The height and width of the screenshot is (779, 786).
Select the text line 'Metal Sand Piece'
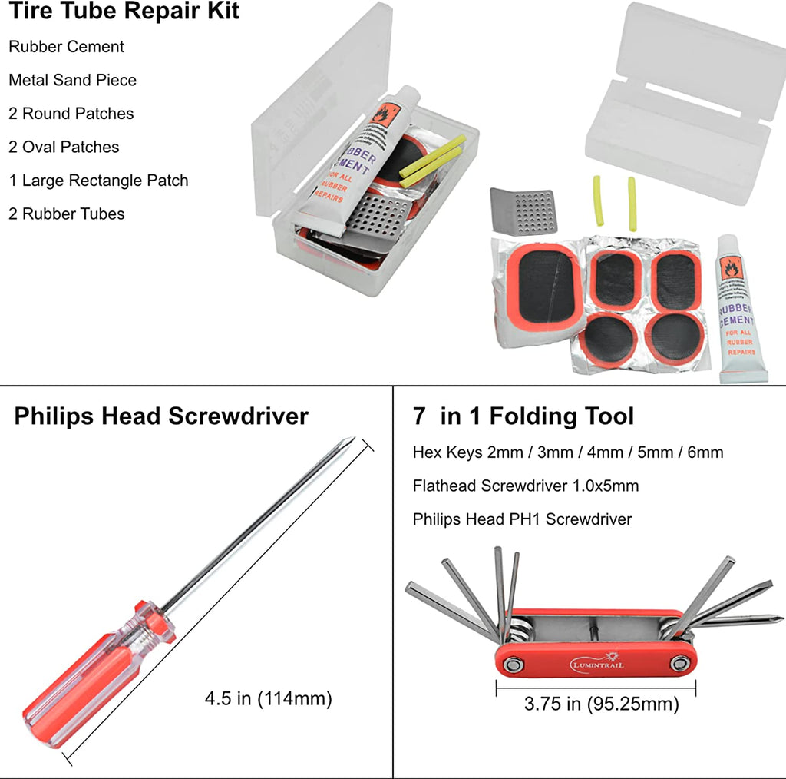pyautogui.click(x=72, y=80)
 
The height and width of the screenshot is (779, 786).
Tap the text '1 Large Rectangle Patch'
pyautogui.click(x=98, y=181)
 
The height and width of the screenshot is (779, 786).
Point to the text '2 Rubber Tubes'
pyautogui.click(x=66, y=214)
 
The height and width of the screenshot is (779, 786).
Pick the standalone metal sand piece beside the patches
pyautogui.click(x=524, y=210)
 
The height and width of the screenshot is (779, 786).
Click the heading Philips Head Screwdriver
pyautogui.click(x=161, y=416)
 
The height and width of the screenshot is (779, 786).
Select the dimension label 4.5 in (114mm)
pyautogui.click(x=268, y=699)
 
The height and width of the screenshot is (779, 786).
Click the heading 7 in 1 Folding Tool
pyautogui.click(x=523, y=416)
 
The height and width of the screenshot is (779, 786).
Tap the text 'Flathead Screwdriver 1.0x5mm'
pyautogui.click(x=525, y=486)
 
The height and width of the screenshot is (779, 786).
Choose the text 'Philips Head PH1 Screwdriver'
pyautogui.click(x=522, y=519)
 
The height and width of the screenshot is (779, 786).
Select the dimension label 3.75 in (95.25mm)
pyautogui.click(x=601, y=704)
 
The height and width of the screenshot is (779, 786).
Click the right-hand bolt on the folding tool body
pyautogui.click(x=680, y=662)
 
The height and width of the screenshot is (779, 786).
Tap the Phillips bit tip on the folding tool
pyautogui.click(x=777, y=617)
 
